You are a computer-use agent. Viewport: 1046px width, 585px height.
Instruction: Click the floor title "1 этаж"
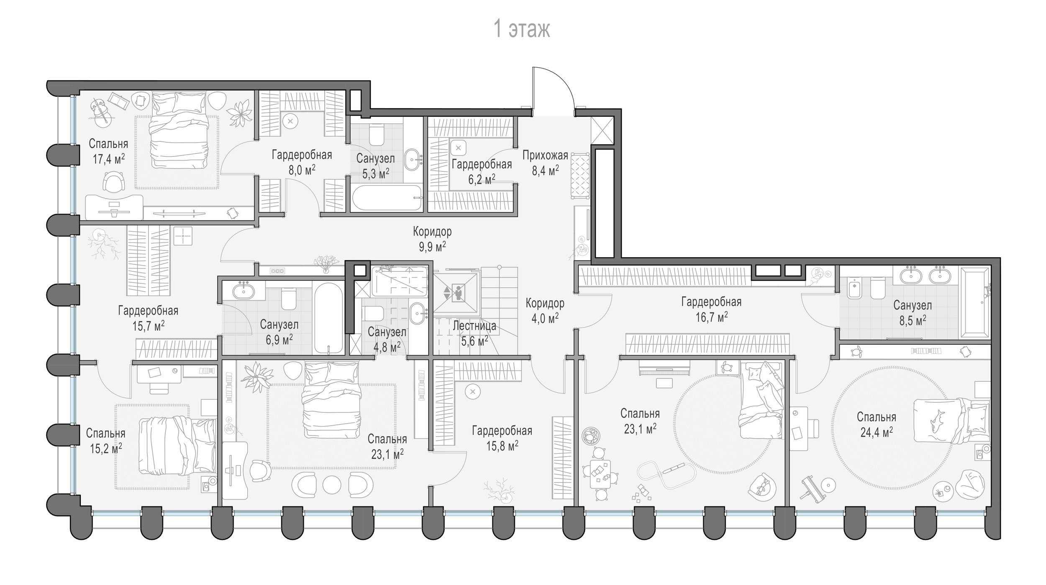pyautogui.click(x=522, y=29)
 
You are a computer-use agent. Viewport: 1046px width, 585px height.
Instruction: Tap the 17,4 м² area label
pyautogui.click(x=109, y=159)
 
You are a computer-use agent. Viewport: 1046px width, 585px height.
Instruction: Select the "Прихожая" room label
pyautogui.click(x=545, y=156)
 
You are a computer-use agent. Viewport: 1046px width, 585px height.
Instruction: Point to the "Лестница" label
pyautogui.click(x=474, y=326)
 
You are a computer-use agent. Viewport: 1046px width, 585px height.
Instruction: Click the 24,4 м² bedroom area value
pyautogui.click(x=877, y=432)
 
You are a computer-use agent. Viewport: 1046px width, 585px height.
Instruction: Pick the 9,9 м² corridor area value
pyautogui.click(x=432, y=246)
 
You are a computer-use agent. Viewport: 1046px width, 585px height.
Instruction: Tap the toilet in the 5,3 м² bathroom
pyautogui.click(x=377, y=134)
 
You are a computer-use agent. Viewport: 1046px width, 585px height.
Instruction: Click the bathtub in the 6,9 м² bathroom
pyautogui.click(x=328, y=318)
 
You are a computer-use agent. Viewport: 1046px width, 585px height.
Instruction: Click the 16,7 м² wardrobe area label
pyautogui.click(x=711, y=317)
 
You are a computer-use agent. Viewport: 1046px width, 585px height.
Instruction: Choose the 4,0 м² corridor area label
pyautogui.click(x=545, y=318)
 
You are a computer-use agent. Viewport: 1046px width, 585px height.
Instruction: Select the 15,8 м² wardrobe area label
pyautogui.click(x=502, y=446)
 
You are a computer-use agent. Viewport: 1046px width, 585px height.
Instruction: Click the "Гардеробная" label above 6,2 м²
pyautogui.click(x=482, y=164)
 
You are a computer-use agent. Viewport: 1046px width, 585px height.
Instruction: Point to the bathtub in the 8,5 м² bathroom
pyautogui.click(x=975, y=303)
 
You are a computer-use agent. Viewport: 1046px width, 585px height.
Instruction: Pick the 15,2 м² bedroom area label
pyautogui.click(x=106, y=449)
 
